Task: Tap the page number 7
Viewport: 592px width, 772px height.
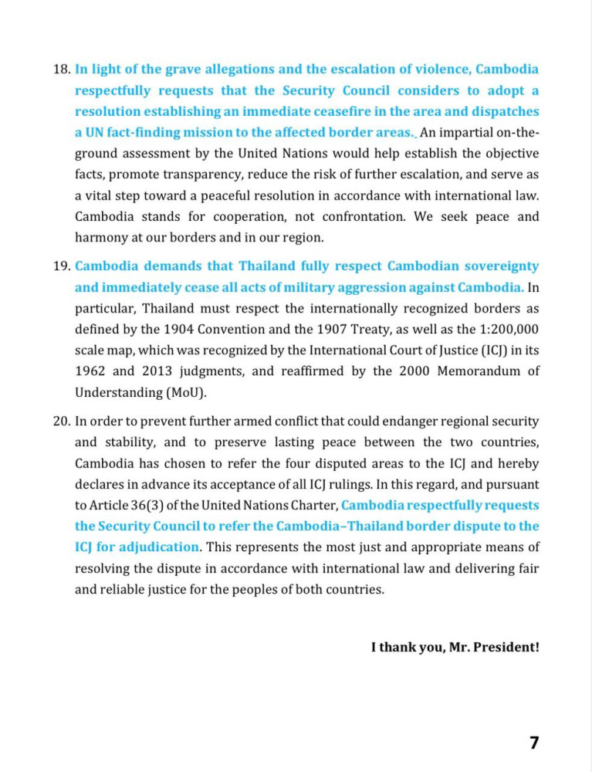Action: pos(534,743)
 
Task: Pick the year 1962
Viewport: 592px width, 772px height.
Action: pos(91,371)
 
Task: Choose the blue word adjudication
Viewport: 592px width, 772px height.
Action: pos(157,547)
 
